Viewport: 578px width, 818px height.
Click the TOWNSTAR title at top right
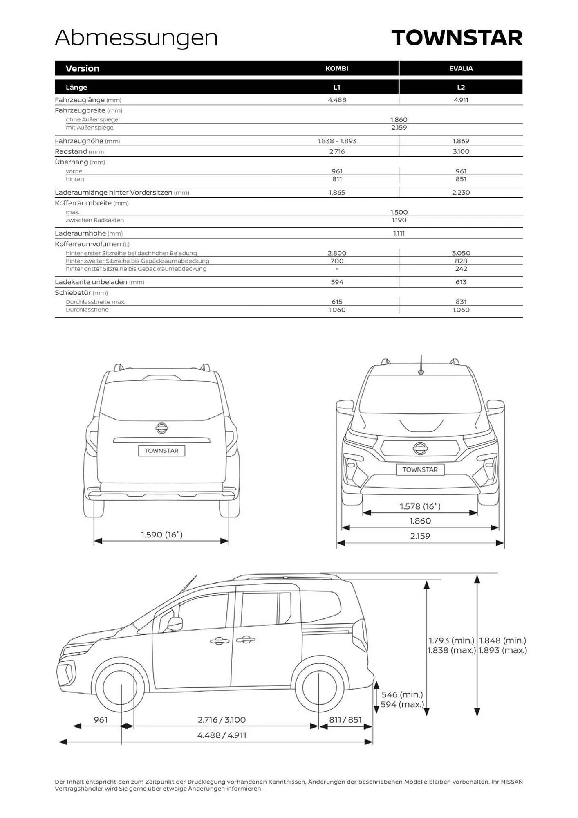click(457, 38)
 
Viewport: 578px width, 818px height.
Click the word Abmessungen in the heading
click(136, 38)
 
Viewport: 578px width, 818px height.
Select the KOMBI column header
click(337, 68)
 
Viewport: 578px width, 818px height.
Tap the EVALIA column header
click(461, 68)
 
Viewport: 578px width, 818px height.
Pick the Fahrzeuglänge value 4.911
click(461, 100)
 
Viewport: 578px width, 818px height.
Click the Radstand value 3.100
click(461, 151)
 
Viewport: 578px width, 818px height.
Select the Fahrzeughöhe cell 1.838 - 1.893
click(337, 141)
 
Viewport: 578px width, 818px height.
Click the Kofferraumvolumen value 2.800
click(337, 253)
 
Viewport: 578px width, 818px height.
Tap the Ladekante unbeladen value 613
click(461, 282)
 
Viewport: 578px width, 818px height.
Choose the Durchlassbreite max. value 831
click(461, 302)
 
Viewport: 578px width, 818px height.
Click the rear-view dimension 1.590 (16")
click(161, 535)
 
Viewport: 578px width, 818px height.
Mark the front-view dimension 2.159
click(420, 536)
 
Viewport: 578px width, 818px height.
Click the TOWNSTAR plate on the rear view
click(161, 451)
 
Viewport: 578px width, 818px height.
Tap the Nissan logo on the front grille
click(420, 448)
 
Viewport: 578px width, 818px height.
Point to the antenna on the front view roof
click(421, 364)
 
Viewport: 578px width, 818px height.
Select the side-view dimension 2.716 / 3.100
click(222, 719)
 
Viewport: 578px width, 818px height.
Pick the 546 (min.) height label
click(402, 694)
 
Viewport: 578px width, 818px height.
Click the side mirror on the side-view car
click(175, 623)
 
